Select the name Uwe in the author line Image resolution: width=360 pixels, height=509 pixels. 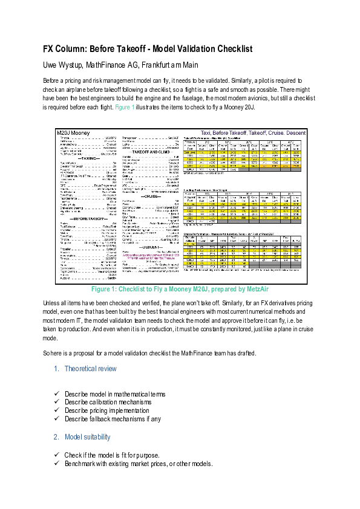coord(51,65)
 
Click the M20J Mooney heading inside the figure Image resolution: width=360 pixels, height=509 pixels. coord(73,132)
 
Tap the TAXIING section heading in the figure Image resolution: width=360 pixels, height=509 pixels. coord(88,158)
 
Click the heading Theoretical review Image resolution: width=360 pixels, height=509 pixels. coord(90,368)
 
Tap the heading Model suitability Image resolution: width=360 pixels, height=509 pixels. coord(88,436)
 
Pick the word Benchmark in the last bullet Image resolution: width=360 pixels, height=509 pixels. coord(79,464)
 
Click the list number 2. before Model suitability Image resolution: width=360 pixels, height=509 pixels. coord(56,436)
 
